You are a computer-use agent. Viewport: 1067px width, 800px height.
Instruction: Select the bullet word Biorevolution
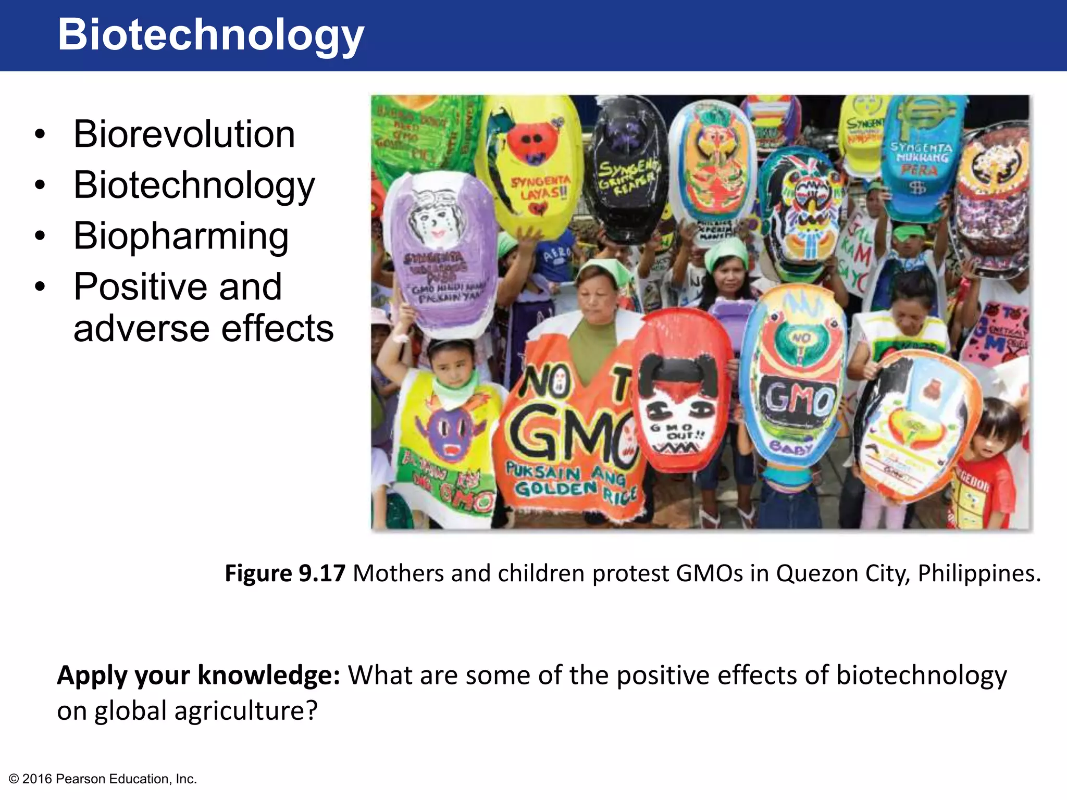[184, 134]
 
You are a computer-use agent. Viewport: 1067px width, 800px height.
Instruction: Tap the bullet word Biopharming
[181, 235]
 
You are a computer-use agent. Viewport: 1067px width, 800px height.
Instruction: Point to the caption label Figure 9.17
[284, 573]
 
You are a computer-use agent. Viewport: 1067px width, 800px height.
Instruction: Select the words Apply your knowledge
[198, 676]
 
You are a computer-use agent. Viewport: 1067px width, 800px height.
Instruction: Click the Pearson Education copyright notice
[103, 779]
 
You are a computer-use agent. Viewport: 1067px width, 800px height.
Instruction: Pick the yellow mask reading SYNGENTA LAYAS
[531, 161]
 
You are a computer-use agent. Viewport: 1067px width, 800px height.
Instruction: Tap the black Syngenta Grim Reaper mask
[625, 167]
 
